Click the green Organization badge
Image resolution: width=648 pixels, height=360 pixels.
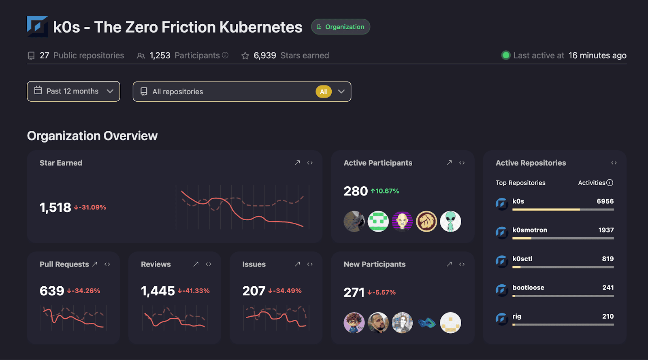pos(341,27)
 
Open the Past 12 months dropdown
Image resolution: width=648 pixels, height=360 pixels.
pos(73,91)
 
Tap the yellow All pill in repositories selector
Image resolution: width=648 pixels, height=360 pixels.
pos(324,92)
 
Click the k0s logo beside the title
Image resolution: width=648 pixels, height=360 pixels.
pos(37,27)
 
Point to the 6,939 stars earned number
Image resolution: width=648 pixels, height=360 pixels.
pos(265,55)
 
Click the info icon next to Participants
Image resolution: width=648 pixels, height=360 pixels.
pos(225,55)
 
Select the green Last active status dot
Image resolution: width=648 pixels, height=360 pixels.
pos(506,55)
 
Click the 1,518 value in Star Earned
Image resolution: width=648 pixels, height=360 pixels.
pos(55,207)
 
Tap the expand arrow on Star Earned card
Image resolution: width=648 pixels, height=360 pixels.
pos(297,163)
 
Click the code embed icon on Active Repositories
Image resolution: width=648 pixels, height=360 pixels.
pos(614,163)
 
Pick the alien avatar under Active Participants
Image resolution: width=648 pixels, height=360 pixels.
pos(450,222)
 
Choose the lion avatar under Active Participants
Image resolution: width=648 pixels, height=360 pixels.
pos(426,222)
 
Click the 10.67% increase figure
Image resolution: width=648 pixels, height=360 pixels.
pos(385,191)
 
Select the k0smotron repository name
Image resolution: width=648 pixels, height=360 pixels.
pos(530,230)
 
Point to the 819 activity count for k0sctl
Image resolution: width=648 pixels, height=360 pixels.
pos(607,259)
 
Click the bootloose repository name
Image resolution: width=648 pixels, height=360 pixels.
pos(528,288)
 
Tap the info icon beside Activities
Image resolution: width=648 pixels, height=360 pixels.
pos(610,183)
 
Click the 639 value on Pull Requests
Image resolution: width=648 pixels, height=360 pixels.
pos(52,291)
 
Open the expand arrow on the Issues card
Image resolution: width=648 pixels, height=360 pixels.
pos(297,264)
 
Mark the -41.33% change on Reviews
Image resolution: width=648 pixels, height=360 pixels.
pos(194,291)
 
